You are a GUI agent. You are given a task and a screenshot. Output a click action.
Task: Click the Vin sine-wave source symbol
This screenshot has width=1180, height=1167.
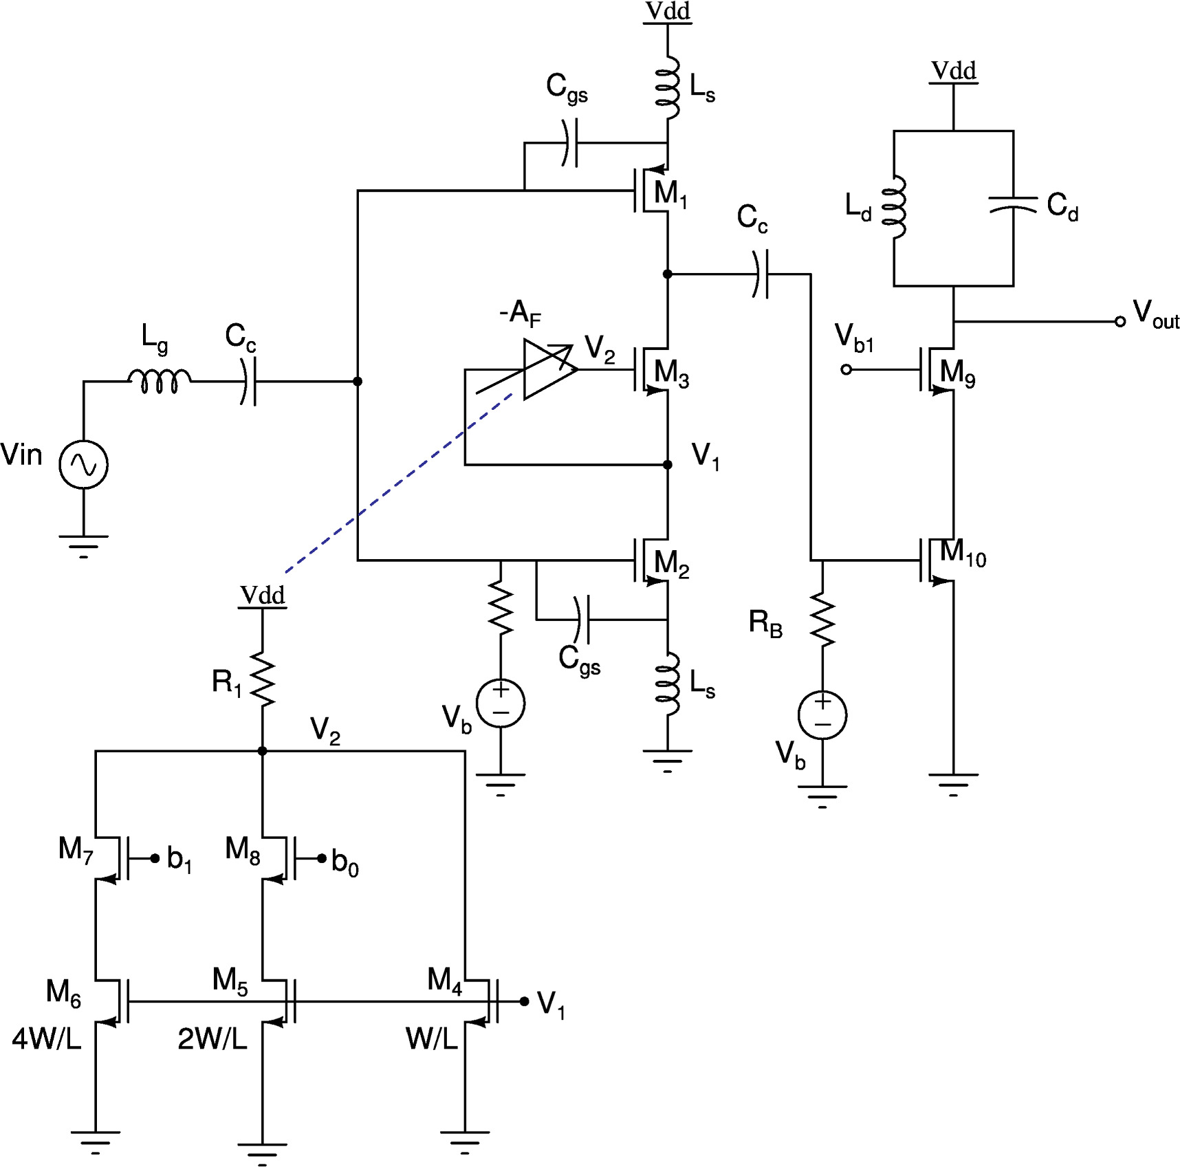(x=83, y=465)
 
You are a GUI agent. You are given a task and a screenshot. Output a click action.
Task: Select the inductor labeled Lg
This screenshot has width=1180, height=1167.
(x=160, y=380)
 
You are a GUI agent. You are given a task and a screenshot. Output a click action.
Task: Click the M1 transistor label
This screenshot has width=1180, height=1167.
(x=670, y=193)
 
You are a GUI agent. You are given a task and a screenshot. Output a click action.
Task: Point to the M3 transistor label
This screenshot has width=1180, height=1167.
(x=671, y=373)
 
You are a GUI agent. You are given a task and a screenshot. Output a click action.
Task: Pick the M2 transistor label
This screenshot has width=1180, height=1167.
(x=671, y=563)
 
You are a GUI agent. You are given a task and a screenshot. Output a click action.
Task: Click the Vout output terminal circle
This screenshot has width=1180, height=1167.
(x=1120, y=321)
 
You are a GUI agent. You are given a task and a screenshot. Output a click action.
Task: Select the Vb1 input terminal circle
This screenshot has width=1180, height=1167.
(x=846, y=369)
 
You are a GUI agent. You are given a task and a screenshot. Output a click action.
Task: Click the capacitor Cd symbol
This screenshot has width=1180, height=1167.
(x=1013, y=206)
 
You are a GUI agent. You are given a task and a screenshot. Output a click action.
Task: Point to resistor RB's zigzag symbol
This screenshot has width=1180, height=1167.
(x=822, y=619)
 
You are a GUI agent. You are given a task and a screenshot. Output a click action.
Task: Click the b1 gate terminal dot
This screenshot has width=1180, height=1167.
(x=155, y=858)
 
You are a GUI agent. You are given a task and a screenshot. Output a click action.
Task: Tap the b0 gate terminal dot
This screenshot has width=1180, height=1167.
(x=322, y=858)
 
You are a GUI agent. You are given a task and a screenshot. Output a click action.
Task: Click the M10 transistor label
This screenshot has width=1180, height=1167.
(x=963, y=553)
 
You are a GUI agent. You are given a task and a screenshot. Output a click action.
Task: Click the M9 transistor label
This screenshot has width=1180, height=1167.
(x=957, y=373)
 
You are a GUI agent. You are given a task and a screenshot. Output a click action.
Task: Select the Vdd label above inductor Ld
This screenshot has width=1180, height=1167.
(x=953, y=71)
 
